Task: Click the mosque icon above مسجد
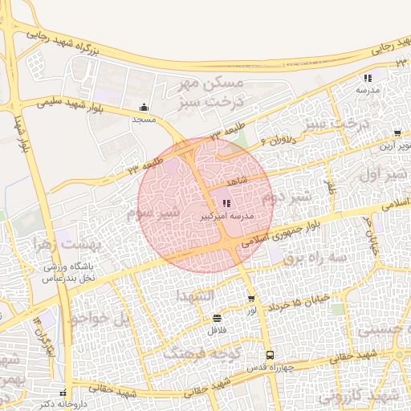(144, 108)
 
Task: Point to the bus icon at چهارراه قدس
(270, 354)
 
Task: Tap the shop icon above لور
(252, 299)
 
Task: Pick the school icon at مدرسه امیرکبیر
(226, 204)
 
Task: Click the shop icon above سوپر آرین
(397, 133)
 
